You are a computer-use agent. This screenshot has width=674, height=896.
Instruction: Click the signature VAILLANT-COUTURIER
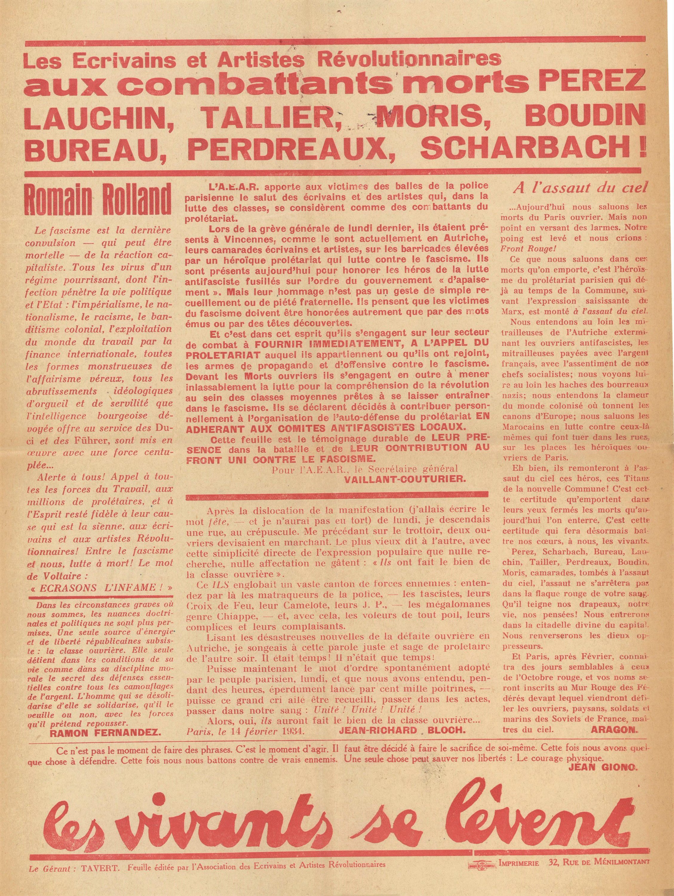point(404,478)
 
